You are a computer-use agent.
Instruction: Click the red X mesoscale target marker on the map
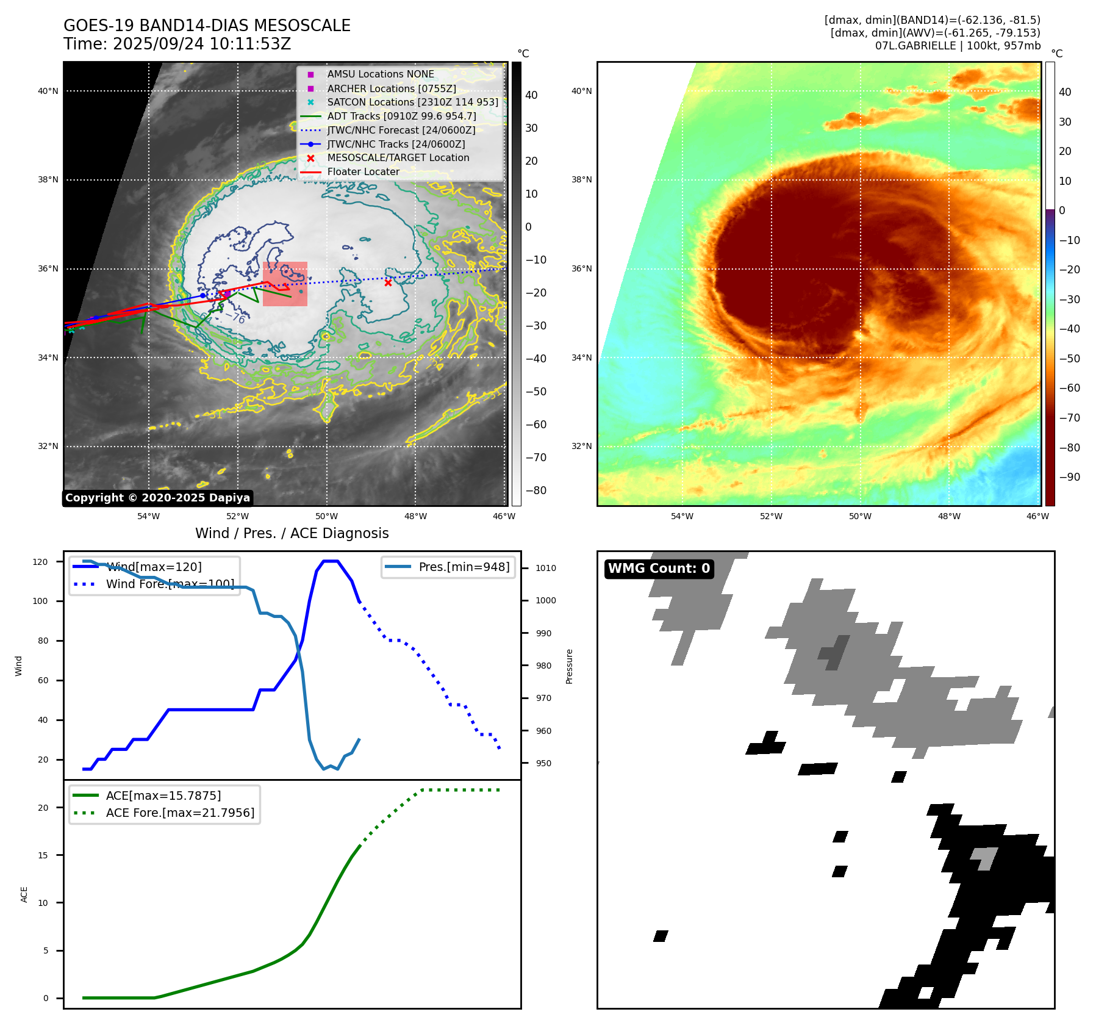point(388,282)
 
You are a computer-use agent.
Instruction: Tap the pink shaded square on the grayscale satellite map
point(285,284)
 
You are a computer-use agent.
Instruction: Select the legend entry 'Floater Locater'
point(363,172)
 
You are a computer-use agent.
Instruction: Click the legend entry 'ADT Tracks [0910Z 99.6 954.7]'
point(401,116)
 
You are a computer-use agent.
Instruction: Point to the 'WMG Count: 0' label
point(659,569)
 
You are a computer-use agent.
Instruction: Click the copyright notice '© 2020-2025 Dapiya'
point(157,498)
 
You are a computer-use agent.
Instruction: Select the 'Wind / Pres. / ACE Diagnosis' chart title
point(292,533)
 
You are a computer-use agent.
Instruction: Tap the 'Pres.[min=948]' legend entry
point(464,567)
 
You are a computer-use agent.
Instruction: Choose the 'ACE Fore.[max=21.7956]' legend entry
point(180,813)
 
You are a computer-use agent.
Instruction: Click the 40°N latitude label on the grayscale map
point(48,92)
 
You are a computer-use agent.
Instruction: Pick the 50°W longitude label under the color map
point(860,516)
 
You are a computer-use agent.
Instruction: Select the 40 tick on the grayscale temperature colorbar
point(531,95)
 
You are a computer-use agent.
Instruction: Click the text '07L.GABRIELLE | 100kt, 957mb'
point(958,46)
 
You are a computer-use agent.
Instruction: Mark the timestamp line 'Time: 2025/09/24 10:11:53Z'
point(177,45)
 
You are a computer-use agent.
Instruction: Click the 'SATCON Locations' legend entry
point(412,102)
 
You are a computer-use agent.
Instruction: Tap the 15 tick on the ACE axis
point(43,855)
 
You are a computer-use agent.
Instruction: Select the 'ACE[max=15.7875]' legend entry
point(163,796)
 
